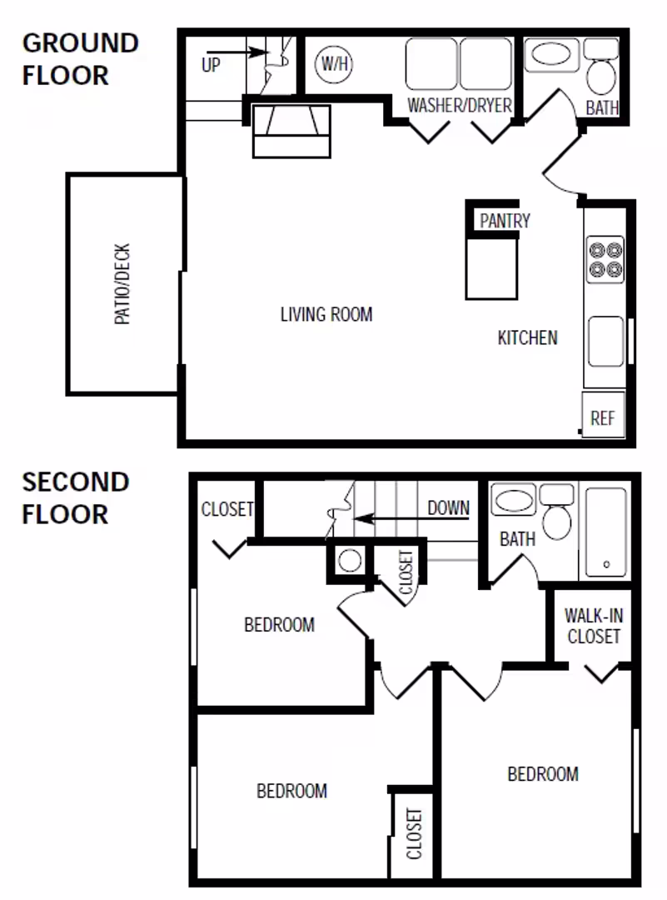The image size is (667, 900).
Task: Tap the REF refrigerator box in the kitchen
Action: pos(602,417)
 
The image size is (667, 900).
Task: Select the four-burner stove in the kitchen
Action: pos(605,259)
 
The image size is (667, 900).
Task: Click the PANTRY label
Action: pos(505,221)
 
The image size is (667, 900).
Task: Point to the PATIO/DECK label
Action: pos(122,284)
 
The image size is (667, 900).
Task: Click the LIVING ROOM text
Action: pos(326,314)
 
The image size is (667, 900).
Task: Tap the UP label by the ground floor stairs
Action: pos(212,64)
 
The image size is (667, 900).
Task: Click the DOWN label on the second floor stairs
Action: pos(448,507)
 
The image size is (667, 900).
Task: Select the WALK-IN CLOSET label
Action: pos(593,626)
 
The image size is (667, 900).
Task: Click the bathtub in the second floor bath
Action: pos(606,532)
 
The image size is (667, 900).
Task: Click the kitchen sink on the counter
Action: pos(605,342)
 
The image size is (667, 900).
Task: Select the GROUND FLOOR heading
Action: pos(80,58)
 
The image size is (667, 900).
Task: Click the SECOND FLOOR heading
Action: pos(76,497)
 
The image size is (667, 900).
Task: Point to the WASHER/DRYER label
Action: pos(459,106)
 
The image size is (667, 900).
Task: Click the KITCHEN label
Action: pos(527,337)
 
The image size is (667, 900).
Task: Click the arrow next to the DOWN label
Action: pos(387,518)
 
